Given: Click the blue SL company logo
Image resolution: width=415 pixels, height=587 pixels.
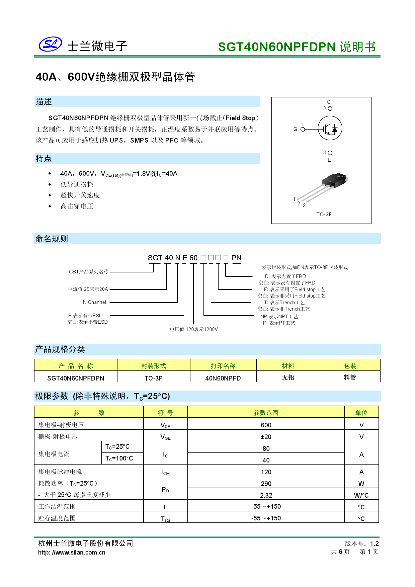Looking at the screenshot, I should (50, 44).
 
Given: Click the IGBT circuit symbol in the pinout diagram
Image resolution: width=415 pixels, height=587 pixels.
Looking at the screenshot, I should (330, 128).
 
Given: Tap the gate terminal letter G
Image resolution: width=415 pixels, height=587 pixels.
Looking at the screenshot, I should (295, 129).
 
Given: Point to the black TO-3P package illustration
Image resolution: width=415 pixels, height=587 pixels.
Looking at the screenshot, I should (334, 181).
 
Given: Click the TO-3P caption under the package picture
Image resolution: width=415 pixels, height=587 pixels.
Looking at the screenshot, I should (324, 215).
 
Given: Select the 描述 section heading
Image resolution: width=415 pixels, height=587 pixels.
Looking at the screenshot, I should (44, 102).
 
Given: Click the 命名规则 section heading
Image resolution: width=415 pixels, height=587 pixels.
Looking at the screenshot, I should (52, 239).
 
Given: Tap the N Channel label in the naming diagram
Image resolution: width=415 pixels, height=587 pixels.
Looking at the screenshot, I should (94, 302).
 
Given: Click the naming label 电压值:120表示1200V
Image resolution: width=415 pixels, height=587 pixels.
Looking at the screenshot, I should (194, 329).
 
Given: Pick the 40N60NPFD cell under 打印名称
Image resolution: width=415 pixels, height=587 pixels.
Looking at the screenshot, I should (223, 378).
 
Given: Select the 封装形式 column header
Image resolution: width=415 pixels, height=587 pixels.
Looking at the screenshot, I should (154, 366).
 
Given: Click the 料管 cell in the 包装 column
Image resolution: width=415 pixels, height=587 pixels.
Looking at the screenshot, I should (350, 378).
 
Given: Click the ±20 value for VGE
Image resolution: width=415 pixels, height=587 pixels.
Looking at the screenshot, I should (266, 437).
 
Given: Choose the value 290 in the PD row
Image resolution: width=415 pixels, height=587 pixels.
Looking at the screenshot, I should (266, 484).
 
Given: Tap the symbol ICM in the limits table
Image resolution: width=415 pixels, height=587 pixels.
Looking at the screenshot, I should (165, 472).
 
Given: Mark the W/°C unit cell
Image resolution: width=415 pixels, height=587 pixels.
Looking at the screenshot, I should (361, 495).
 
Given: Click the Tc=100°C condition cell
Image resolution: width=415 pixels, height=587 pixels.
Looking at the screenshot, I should (119, 458).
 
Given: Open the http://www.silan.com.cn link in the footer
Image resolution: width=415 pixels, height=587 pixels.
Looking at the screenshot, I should (72, 553).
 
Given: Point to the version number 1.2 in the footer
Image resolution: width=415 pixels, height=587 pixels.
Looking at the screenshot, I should (374, 544).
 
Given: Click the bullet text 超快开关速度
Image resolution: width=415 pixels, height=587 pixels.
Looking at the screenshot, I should (80, 195).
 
